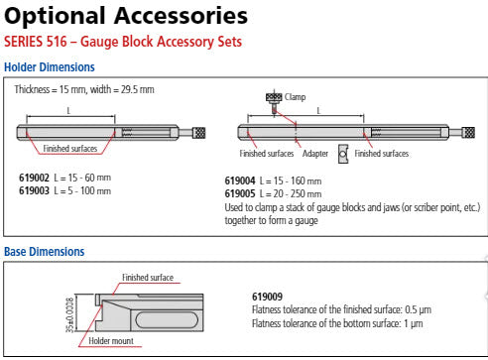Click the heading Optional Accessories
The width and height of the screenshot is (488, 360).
(126, 16)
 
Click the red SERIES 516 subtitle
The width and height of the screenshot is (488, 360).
(123, 42)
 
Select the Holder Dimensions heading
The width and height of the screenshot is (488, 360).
(50, 67)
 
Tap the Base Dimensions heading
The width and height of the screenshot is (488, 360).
(45, 252)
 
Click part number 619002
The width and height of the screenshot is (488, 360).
(34, 178)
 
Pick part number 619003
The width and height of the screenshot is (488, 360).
(34, 190)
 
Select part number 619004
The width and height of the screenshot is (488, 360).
(240, 180)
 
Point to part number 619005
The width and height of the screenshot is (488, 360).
(240, 193)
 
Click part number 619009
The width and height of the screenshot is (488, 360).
(267, 297)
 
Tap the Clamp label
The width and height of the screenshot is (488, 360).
(295, 97)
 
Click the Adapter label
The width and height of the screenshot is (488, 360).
(315, 154)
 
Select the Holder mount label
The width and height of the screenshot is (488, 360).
(111, 341)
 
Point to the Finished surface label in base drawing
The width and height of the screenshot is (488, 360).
(148, 278)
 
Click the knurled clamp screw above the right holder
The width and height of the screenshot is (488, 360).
(274, 101)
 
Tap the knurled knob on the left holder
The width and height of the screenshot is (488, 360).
(199, 133)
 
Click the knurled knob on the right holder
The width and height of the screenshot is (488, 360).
(469, 133)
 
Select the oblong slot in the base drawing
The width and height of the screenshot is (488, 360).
(167, 320)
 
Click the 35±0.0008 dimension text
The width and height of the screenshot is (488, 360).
(70, 315)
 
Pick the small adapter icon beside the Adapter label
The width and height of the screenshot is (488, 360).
(343, 154)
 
